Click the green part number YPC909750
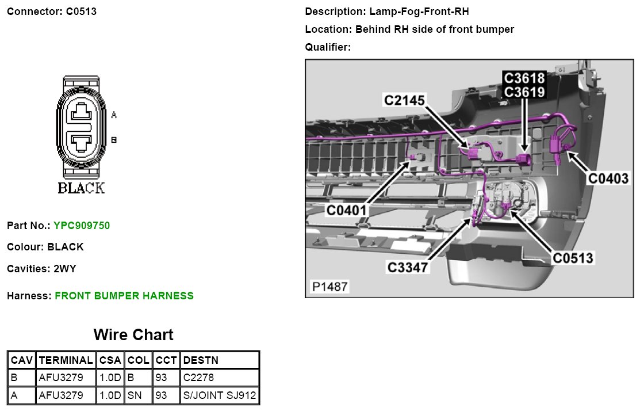pyautogui.click(x=82, y=226)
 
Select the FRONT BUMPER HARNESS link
pyautogui.click(x=124, y=296)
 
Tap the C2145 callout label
pyautogui.click(x=404, y=101)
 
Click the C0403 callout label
pyautogui.click(x=608, y=179)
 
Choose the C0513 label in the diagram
pyautogui.click(x=573, y=258)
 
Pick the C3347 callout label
pyautogui.click(x=407, y=268)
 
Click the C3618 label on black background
pyautogui.click(x=524, y=78)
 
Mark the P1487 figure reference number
pyautogui.click(x=329, y=286)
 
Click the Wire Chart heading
pyautogui.click(x=133, y=335)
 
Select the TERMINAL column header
pyautogui.click(x=66, y=360)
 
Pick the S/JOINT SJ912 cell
pyautogui.click(x=220, y=395)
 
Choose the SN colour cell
pyautogui.click(x=133, y=395)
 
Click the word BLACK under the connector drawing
pyautogui.click(x=81, y=188)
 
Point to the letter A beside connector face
pyautogui.click(x=114, y=115)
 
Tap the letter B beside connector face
pyautogui.click(x=114, y=139)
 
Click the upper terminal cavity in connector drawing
pyautogui.click(x=81, y=113)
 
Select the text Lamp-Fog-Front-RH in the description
pyautogui.click(x=412, y=12)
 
